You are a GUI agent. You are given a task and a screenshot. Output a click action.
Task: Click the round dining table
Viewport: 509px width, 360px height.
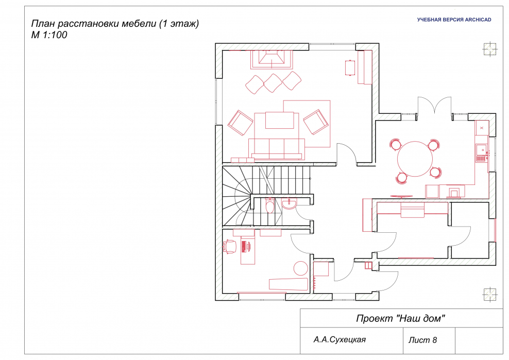[x=415, y=159]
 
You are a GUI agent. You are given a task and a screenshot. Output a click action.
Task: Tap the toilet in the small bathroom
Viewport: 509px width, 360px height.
[x=269, y=205]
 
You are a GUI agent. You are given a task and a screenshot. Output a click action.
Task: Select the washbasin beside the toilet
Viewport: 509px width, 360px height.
[x=289, y=203]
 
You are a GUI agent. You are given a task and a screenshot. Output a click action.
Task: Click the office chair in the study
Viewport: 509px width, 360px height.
[x=229, y=246]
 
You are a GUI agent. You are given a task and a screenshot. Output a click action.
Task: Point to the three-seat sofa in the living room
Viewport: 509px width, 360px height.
[x=277, y=149]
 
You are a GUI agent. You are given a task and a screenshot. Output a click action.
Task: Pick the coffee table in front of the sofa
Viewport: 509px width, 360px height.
[x=280, y=121]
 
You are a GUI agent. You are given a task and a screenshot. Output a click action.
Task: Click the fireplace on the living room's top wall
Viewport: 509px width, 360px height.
[x=272, y=59]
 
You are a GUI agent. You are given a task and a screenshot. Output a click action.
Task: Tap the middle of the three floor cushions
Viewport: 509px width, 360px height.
[x=273, y=83]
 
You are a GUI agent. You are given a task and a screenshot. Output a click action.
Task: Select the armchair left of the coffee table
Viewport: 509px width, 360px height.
[x=240, y=123]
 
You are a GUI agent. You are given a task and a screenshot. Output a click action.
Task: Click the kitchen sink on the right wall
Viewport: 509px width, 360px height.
[x=482, y=153]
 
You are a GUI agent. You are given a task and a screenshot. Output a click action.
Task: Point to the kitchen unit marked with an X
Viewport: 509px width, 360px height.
[x=482, y=128]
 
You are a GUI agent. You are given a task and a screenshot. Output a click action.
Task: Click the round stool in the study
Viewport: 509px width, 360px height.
[x=300, y=268]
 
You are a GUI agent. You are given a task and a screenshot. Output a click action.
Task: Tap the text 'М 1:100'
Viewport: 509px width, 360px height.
[x=49, y=35]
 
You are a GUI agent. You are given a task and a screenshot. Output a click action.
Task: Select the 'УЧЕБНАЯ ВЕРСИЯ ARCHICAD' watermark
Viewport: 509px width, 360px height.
[x=454, y=20]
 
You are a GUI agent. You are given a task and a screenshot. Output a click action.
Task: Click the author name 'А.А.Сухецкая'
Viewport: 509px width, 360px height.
[x=340, y=339]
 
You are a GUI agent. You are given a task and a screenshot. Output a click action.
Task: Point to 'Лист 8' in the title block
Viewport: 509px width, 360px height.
[x=422, y=340]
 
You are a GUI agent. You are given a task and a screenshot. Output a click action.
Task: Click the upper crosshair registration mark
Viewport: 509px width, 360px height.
[x=489, y=49]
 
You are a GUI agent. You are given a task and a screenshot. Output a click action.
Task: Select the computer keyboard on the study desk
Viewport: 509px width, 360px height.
[x=244, y=246]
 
